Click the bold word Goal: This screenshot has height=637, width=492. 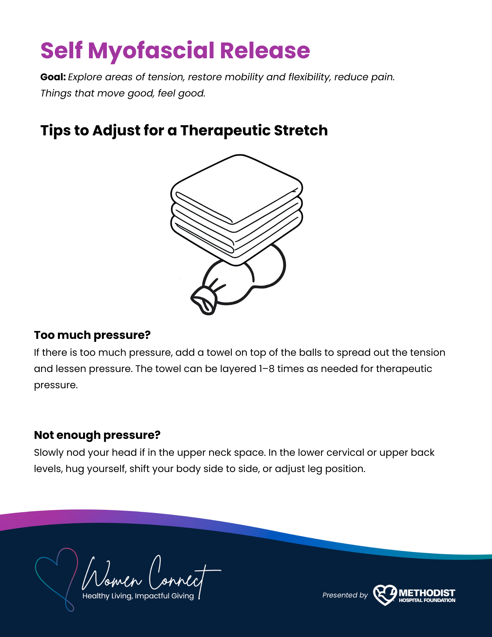(53, 77)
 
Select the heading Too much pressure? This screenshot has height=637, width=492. (92, 335)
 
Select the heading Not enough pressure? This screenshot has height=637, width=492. (97, 435)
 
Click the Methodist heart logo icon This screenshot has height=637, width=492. (385, 595)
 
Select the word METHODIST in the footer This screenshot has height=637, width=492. (427, 593)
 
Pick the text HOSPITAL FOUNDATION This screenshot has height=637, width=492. (427, 600)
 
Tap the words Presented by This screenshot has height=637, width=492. (345, 595)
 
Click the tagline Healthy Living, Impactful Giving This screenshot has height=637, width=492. (138, 596)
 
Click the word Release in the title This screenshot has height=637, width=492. (265, 51)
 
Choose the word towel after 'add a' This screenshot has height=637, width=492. (219, 353)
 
